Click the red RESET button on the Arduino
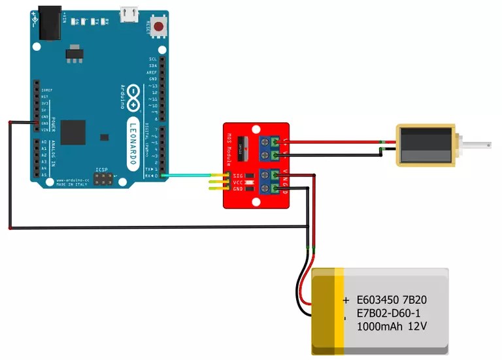click(158, 25)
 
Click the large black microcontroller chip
click(73, 132)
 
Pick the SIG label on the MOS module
click(238, 175)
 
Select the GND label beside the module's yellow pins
click(238, 189)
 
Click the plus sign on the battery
click(346, 301)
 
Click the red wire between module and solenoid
click(333, 141)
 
